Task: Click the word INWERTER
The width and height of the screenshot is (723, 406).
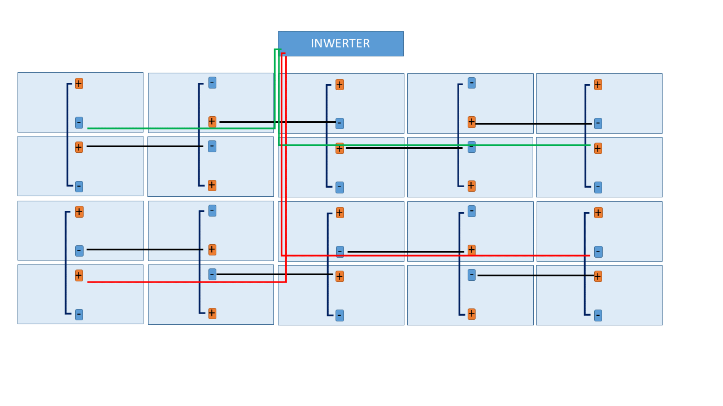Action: [340, 43]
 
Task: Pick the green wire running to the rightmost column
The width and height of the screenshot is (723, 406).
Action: [434, 145]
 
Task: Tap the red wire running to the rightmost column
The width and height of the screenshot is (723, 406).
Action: [435, 255]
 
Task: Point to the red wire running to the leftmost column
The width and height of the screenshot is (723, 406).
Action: [186, 282]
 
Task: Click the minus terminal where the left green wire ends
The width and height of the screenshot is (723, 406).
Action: [79, 122]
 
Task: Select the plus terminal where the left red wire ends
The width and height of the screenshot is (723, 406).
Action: [79, 276]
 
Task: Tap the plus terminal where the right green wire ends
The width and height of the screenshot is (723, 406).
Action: [598, 148]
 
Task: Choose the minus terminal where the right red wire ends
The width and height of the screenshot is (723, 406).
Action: [598, 251]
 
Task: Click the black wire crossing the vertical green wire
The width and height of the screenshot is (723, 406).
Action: [278, 122]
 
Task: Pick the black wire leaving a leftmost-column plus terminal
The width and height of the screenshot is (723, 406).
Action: [145, 146]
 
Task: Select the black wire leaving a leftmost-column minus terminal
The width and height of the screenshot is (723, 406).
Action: [145, 249]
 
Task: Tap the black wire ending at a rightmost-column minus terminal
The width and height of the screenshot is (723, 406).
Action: [534, 123]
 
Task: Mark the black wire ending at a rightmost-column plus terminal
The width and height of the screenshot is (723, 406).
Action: [536, 276]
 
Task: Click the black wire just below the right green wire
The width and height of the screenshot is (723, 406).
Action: [404, 148]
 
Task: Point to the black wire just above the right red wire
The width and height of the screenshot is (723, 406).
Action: [406, 251]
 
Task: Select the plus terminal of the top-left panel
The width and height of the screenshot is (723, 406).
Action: [79, 83]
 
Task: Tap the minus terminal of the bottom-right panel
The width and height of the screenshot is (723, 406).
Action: [598, 315]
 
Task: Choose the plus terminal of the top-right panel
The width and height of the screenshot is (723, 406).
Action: [598, 85]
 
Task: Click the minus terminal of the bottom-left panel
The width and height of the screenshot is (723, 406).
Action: [79, 315]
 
